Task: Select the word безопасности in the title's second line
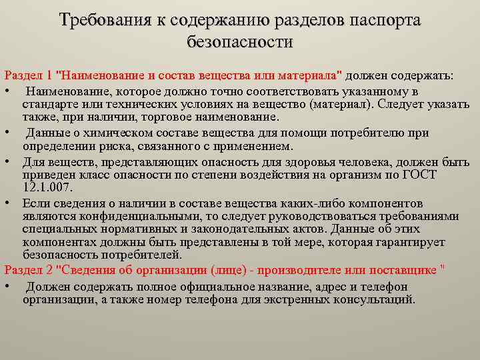pyautogui.click(x=240, y=43)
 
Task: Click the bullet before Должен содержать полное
pyautogui.click(x=6, y=287)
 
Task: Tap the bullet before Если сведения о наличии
pyautogui.click(x=6, y=203)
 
